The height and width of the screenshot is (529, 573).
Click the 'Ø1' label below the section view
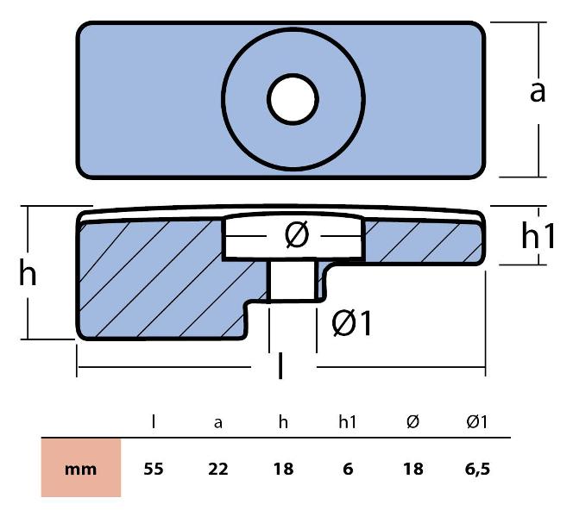point(353,324)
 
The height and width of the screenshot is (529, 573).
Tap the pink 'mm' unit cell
point(81,470)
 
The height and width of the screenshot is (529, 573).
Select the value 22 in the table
point(217,470)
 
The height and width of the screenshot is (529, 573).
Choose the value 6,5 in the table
point(477,470)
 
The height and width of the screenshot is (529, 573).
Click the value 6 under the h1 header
point(346,470)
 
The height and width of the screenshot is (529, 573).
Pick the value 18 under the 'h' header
point(282,470)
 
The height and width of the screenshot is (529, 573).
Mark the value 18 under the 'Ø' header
point(412,470)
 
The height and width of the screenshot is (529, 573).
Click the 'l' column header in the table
point(154,421)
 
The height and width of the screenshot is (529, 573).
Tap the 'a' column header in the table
point(217,422)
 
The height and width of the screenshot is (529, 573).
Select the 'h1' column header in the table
point(347,421)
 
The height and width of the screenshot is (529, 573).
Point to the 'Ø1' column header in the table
point(476,421)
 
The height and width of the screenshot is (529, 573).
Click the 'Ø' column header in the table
point(412,421)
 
